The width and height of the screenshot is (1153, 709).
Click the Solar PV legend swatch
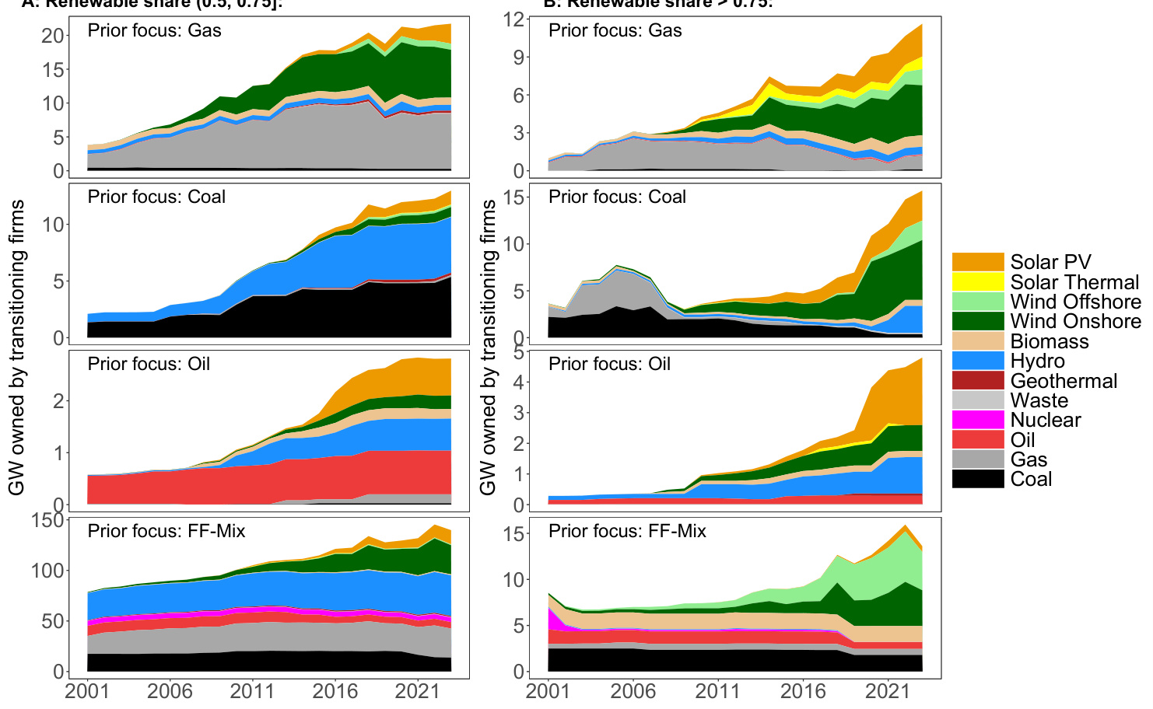(978, 262)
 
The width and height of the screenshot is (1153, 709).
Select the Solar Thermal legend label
(1074, 282)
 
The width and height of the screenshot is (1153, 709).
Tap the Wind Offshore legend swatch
(978, 302)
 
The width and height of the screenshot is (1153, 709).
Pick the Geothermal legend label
(1064, 381)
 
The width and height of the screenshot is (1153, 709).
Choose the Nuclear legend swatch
(978, 420)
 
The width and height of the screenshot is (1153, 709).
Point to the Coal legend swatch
(978, 479)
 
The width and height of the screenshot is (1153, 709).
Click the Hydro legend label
(1038, 361)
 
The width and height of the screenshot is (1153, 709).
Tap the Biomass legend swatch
(978, 341)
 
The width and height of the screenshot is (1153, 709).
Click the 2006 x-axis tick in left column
(170, 691)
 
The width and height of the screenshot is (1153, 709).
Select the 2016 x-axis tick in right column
(803, 691)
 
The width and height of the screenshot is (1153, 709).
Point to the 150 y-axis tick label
(47, 520)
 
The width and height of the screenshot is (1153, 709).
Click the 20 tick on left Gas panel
(53, 36)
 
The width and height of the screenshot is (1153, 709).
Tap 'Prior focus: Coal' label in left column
(156, 197)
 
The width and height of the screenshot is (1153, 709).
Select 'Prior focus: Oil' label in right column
(609, 364)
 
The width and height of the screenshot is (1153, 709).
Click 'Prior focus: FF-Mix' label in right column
(627, 531)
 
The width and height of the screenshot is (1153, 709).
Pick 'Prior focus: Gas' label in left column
(154, 30)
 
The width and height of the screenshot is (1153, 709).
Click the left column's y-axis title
(16, 348)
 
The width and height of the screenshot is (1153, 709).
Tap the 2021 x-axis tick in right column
(888, 691)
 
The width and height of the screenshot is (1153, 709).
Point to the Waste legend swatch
(978, 400)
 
